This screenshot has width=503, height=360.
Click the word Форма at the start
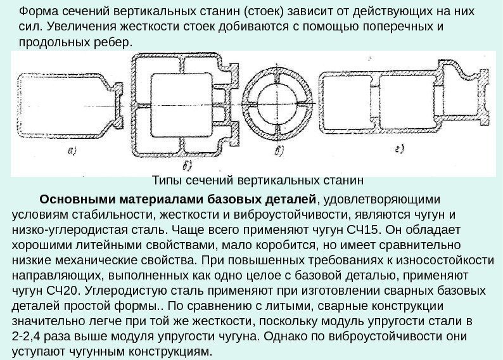pos(37,12)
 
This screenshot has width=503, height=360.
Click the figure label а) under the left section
pos(72,150)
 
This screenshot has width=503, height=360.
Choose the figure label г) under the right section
pos(400,149)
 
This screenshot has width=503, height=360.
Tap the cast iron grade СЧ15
pos(357,229)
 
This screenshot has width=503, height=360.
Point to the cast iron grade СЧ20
pos(66,290)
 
